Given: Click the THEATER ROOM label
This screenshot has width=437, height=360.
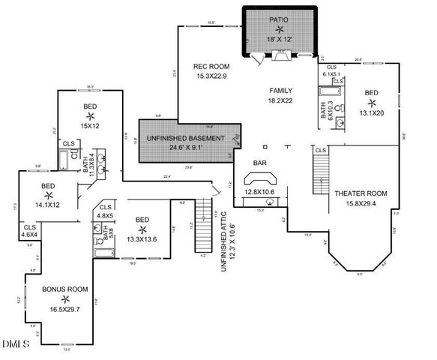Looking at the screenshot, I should point(361,193).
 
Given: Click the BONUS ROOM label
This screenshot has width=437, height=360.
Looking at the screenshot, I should point(65,288).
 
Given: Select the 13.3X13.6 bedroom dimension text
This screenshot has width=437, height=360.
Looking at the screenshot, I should point(141,239).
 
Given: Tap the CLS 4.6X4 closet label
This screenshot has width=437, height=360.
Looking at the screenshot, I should point(31,230).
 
